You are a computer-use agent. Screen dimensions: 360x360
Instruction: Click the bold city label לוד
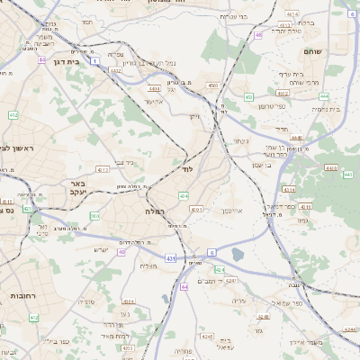coord(188,168)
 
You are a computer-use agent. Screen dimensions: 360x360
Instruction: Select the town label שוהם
coord(312,53)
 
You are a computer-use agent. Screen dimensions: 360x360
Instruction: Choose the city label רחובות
coord(22,295)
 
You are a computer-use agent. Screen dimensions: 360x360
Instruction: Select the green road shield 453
coord(247,96)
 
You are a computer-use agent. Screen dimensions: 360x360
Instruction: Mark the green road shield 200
coord(94,216)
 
